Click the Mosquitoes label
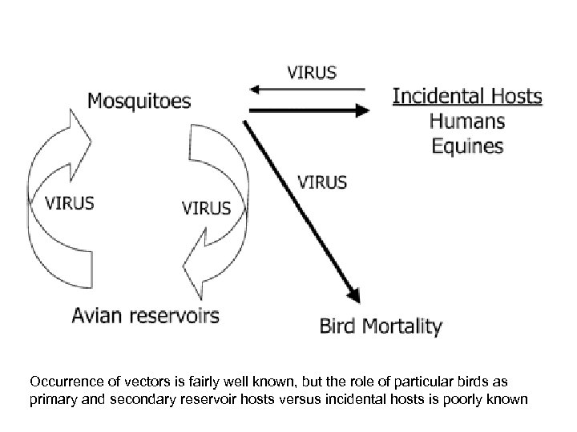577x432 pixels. pyautogui.click(x=139, y=101)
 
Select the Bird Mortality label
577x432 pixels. pyautogui.click(x=381, y=326)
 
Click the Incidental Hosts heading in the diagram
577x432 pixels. pyautogui.click(x=466, y=98)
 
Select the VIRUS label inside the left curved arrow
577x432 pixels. pyautogui.click(x=69, y=202)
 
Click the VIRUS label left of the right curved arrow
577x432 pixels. pyautogui.click(x=207, y=208)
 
